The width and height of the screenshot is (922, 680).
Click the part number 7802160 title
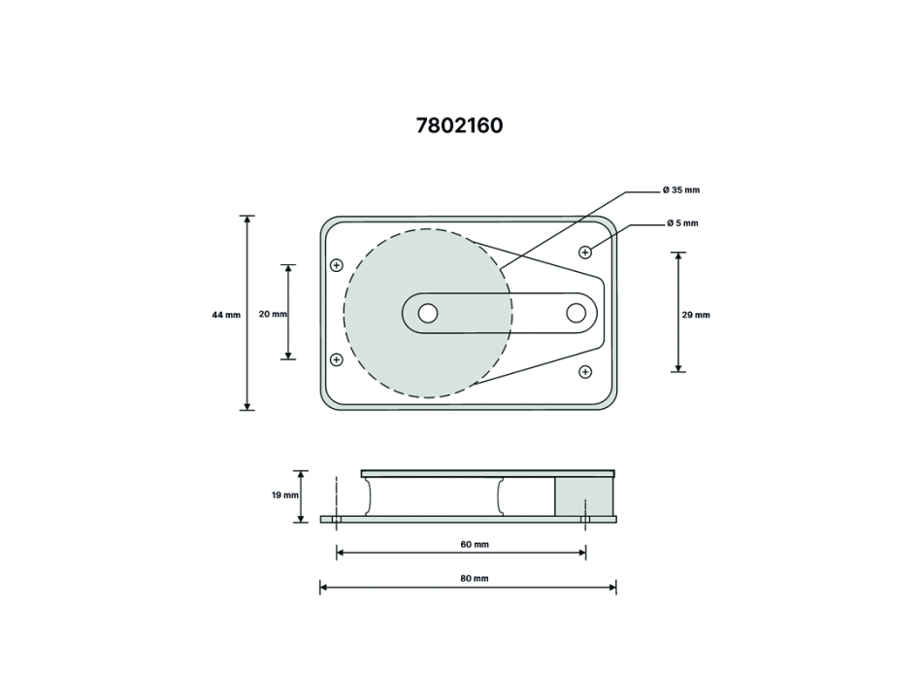[460, 125]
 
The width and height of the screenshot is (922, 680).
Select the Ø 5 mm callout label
[682, 223]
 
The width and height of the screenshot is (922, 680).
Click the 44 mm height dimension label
[226, 315]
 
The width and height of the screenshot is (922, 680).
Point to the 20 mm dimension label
[273, 314]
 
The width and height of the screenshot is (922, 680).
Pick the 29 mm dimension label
[696, 315]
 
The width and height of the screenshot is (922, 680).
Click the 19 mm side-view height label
[285, 495]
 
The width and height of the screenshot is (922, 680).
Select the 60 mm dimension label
[474, 544]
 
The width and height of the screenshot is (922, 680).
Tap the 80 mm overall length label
[474, 578]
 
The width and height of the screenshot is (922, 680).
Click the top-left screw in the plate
[337, 264]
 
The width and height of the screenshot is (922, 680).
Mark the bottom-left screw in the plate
[337, 359]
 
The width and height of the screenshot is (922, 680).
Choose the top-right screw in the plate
[585, 253]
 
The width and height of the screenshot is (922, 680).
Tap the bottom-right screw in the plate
[585, 371]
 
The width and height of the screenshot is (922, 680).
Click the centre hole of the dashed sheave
[427, 313]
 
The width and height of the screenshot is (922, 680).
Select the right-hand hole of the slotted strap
[576, 313]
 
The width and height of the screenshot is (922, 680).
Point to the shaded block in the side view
[583, 497]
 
